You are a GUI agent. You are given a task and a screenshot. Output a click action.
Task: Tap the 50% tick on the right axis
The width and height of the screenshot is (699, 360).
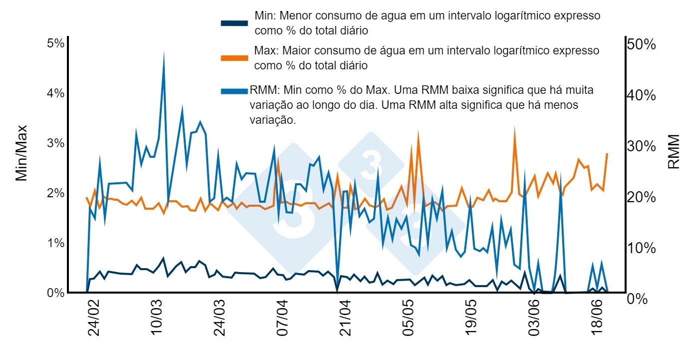click(x=641, y=44)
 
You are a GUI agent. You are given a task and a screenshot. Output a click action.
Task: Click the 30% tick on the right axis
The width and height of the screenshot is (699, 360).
click(x=641, y=146)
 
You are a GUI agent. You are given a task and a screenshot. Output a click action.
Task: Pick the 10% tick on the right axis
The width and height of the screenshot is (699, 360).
click(x=641, y=248)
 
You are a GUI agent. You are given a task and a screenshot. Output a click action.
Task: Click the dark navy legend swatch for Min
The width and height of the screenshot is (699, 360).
click(x=234, y=23)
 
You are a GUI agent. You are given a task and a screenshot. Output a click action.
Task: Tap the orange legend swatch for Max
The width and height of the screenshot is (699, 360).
click(x=234, y=58)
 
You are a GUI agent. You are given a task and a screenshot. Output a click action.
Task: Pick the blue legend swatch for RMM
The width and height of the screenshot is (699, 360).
click(x=234, y=91)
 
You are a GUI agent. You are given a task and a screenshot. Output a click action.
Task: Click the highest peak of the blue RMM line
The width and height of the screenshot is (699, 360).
click(x=164, y=52)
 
